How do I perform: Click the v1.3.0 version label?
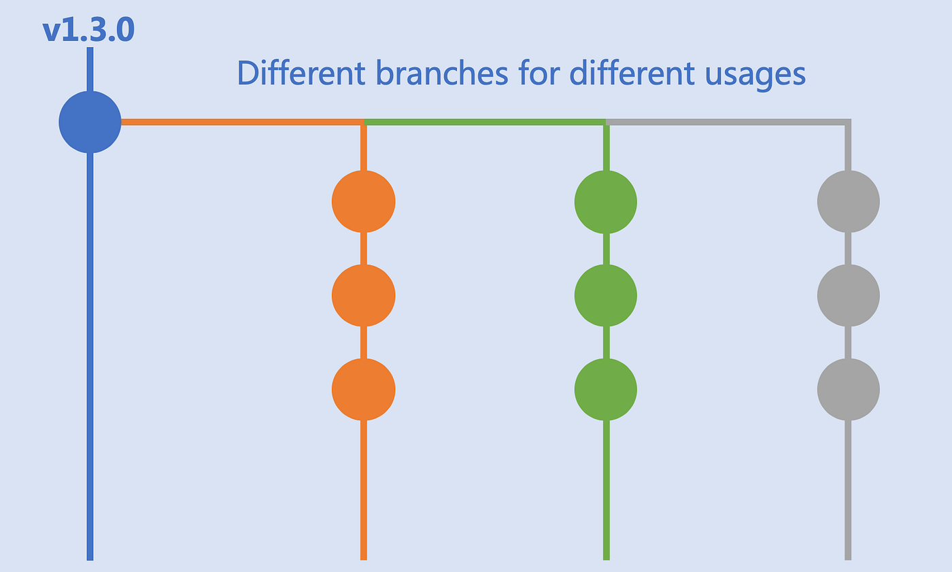(88, 31)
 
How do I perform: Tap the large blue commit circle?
(90, 122)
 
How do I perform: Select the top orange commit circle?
(363, 202)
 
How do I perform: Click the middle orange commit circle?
(363, 295)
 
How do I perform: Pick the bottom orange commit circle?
(363, 389)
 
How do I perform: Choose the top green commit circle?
(606, 202)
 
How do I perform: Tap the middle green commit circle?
(606, 295)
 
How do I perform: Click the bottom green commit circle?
(606, 389)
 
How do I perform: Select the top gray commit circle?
(848, 202)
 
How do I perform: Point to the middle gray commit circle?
(848, 295)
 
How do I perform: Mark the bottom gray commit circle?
(848, 389)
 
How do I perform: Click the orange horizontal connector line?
(242, 122)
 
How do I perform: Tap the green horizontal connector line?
(484, 122)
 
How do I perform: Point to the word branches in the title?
(443, 73)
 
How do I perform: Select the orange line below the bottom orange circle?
(363, 490)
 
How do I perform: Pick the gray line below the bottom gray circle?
(848, 490)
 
